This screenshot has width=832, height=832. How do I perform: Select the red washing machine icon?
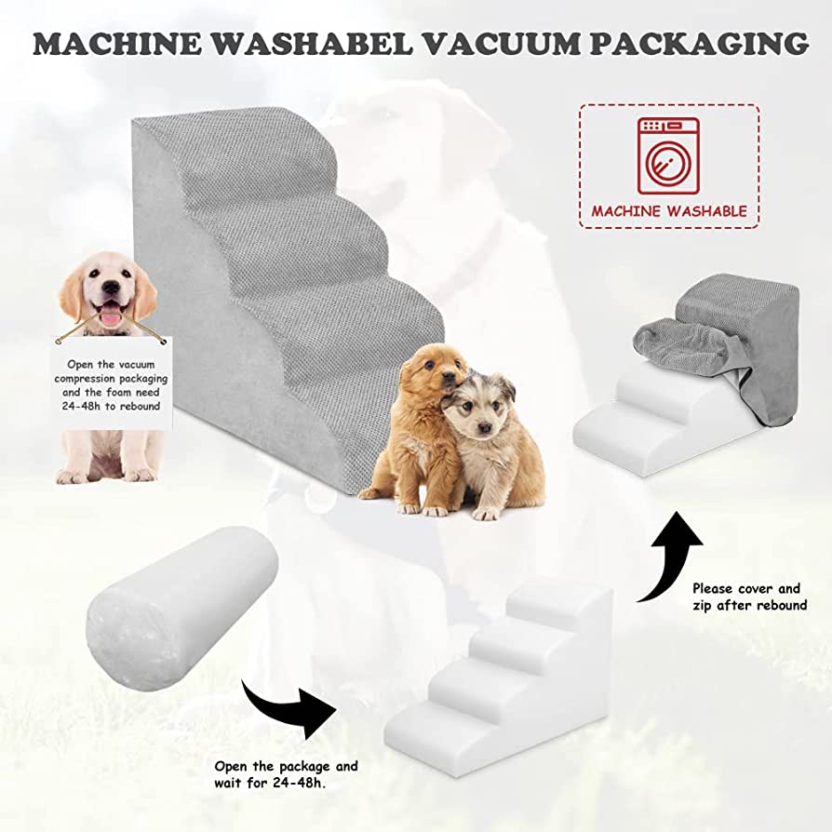(669, 154)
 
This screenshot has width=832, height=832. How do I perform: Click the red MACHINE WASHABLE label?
(669, 211)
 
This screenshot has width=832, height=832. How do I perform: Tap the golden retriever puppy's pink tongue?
(110, 316)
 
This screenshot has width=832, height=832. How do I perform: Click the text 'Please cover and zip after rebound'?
(749, 597)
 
